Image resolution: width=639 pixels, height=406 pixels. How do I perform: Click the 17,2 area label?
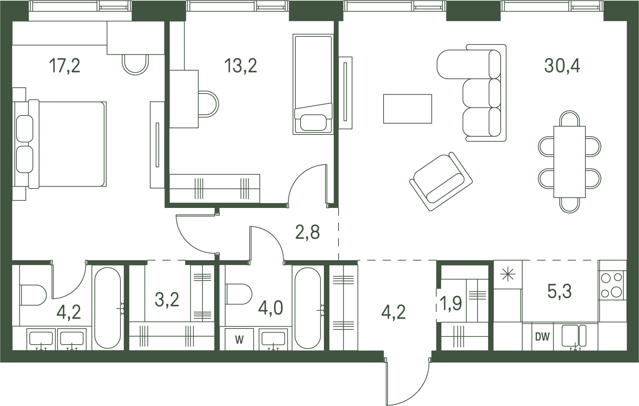(x=64, y=66)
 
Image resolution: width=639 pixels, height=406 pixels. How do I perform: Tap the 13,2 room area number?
(x=240, y=66)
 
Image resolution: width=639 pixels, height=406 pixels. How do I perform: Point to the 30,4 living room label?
(x=562, y=66)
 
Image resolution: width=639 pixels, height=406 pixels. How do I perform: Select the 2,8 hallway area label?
(x=308, y=232)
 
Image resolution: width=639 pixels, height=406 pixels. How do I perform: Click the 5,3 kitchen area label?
(x=560, y=292)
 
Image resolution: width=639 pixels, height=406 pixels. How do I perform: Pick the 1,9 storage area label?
(x=452, y=303)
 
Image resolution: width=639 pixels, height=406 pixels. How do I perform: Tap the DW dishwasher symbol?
(x=542, y=337)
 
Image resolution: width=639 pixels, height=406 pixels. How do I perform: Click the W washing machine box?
(x=239, y=340)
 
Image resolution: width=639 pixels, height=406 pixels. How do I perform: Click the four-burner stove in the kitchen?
(x=612, y=285)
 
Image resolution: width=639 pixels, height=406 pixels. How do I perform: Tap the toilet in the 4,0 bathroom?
(x=238, y=295)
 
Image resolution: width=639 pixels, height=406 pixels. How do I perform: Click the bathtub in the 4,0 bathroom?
(x=308, y=308)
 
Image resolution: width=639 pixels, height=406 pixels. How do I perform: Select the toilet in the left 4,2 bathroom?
(x=33, y=295)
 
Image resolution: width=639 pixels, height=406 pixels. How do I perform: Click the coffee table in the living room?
(x=407, y=109)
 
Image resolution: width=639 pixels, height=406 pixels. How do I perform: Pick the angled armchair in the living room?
(x=441, y=181)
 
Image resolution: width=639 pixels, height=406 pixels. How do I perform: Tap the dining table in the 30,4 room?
(x=569, y=162)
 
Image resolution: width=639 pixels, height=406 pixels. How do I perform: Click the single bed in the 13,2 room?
(x=313, y=84)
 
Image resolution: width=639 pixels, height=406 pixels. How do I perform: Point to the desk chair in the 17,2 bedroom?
(x=135, y=64)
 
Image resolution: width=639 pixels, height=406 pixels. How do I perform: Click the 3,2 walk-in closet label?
(x=167, y=300)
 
